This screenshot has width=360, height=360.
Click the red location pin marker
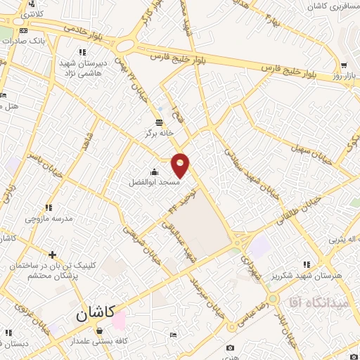point(181,164)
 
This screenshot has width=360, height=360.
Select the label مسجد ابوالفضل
point(153,182)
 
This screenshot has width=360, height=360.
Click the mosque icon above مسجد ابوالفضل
point(154,172)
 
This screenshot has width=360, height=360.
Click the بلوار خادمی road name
point(84,30)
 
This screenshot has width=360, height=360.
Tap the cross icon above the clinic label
point(51,255)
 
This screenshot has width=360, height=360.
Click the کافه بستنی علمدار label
point(105,341)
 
